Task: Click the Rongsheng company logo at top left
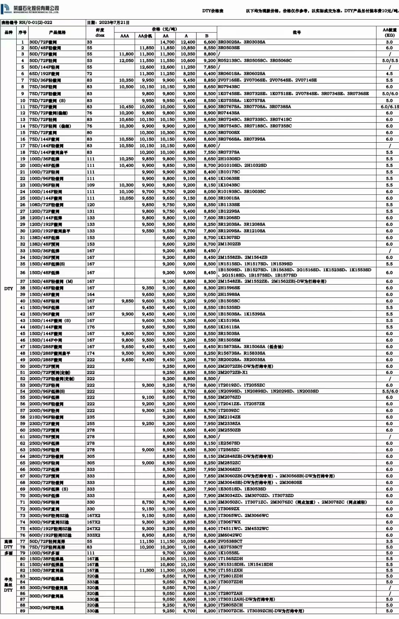6,10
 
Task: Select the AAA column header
125,36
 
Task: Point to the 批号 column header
297,33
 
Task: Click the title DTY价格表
213,11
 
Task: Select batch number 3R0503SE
229,48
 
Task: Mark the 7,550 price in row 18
209,152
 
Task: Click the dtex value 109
91,185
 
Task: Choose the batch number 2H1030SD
229,159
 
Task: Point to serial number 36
23,273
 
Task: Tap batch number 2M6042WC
230,535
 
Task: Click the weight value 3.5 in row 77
389,541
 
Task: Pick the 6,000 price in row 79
209,553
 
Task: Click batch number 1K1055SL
229,553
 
